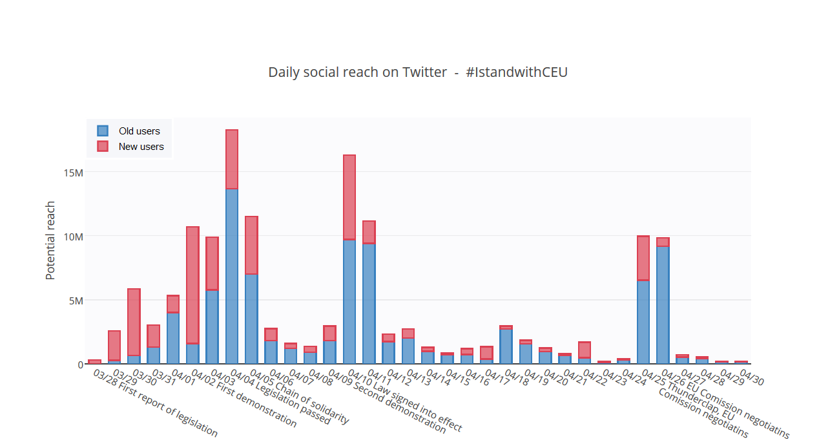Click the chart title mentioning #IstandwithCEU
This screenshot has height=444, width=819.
418,72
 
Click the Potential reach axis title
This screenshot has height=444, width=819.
50,240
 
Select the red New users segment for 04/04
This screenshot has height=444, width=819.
232,159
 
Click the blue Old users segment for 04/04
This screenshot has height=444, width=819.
232,276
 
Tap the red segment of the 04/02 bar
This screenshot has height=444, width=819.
192,285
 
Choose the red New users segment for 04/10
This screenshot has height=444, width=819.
349,197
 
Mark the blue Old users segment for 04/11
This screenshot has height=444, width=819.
369,303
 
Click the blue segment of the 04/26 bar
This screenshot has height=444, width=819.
663,304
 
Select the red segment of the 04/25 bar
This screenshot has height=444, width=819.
643,258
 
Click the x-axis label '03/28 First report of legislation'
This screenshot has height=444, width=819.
155,403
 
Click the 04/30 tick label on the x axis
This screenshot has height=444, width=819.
752,377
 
